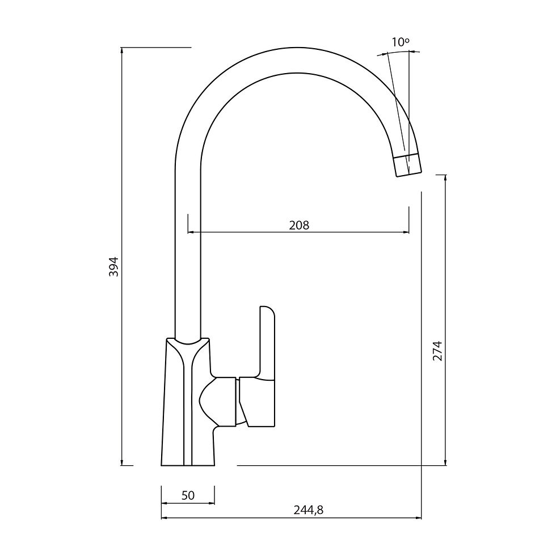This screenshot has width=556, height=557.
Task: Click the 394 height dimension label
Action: click(113, 266)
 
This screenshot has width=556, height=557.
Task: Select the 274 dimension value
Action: click(437, 351)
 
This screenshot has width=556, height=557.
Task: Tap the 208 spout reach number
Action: click(299, 225)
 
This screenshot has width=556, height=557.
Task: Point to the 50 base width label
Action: click(188, 495)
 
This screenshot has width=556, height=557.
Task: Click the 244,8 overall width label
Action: click(309, 510)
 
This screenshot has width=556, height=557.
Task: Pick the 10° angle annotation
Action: click(401, 42)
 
